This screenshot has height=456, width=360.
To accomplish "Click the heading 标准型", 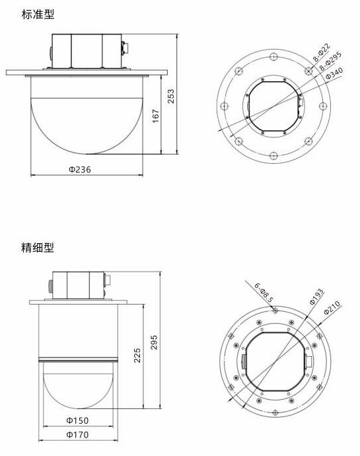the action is click(38, 15).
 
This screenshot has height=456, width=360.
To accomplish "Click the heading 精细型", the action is click(38, 247).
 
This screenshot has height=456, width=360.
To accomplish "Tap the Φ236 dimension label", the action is click(80, 169).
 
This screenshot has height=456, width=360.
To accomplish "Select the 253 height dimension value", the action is click(171, 96).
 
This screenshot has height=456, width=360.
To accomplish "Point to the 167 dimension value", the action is click(156, 116).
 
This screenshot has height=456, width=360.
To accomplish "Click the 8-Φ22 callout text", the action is click(322, 52).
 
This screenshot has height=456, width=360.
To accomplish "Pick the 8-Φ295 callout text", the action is click(330, 61).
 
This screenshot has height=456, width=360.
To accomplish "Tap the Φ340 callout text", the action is click(334, 73).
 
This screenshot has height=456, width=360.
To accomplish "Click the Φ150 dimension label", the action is click(77, 420).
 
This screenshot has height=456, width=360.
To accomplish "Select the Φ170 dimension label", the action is click(77, 435).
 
